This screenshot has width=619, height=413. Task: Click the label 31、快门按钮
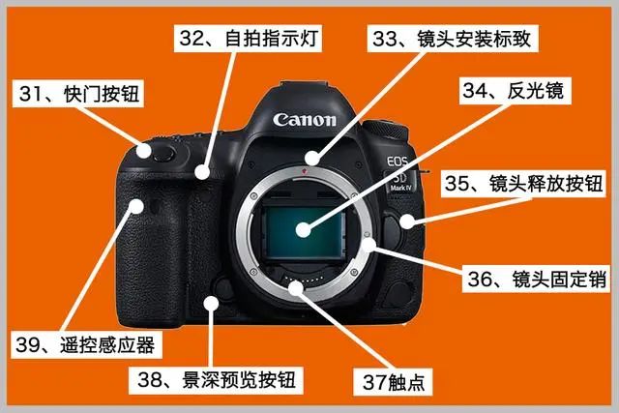[78, 94]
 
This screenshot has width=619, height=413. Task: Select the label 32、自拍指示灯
[248, 39]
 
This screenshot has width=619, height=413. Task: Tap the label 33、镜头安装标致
[453, 39]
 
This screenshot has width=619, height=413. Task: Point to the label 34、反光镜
[515, 91]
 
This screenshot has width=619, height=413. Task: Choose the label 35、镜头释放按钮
[523, 184]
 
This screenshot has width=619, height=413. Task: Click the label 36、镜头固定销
[535, 279]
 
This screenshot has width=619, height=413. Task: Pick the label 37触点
[394, 382]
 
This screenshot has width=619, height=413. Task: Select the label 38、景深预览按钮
[216, 380]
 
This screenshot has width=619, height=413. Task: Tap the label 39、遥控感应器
[86, 345]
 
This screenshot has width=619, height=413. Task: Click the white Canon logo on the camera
[305, 120]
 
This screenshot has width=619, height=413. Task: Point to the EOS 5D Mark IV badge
[399, 174]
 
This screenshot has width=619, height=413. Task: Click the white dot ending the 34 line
[304, 229]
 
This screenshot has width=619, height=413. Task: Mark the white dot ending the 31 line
[144, 151]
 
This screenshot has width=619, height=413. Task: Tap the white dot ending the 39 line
[136, 206]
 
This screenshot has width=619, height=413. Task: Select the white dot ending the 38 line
[211, 304]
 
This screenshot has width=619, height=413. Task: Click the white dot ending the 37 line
[296, 287]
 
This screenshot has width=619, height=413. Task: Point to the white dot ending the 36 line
[368, 246]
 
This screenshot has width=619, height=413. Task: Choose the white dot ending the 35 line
[406, 221]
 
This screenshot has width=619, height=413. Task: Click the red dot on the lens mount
[304, 171]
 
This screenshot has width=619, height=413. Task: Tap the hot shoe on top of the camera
[305, 85]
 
